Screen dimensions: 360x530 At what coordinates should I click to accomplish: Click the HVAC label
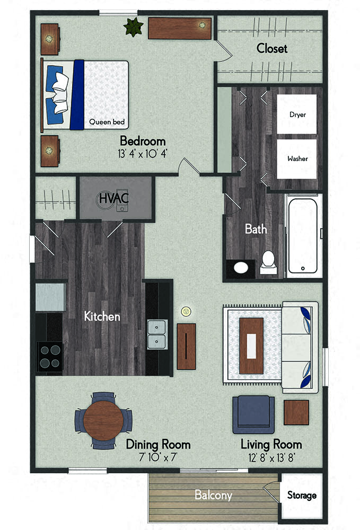point(114,198)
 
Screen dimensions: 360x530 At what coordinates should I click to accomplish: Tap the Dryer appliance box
point(297,114)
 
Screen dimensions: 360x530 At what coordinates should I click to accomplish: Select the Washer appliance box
point(297,159)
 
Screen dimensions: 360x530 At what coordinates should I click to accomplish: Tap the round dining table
point(103,420)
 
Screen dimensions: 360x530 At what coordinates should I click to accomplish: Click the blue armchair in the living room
point(253,414)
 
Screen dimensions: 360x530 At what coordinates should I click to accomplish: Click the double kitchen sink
point(157,334)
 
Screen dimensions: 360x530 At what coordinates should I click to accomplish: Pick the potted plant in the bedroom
point(133,26)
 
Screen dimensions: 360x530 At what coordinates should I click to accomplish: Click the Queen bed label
point(107,122)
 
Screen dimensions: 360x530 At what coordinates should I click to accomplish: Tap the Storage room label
point(302,495)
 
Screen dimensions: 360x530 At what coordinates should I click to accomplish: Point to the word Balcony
point(214,495)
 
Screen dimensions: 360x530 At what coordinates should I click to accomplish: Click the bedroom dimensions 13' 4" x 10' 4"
point(142,154)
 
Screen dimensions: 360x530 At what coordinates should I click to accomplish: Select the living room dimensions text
point(271,458)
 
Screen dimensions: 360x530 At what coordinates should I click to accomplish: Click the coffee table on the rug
point(251,346)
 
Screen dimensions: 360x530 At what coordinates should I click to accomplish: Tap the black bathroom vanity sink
point(241,269)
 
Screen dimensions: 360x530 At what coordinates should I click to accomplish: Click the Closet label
point(272,48)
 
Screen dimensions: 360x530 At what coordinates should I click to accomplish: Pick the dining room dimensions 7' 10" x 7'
point(158,457)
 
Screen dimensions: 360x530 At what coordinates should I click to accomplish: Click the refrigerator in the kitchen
point(50,297)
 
